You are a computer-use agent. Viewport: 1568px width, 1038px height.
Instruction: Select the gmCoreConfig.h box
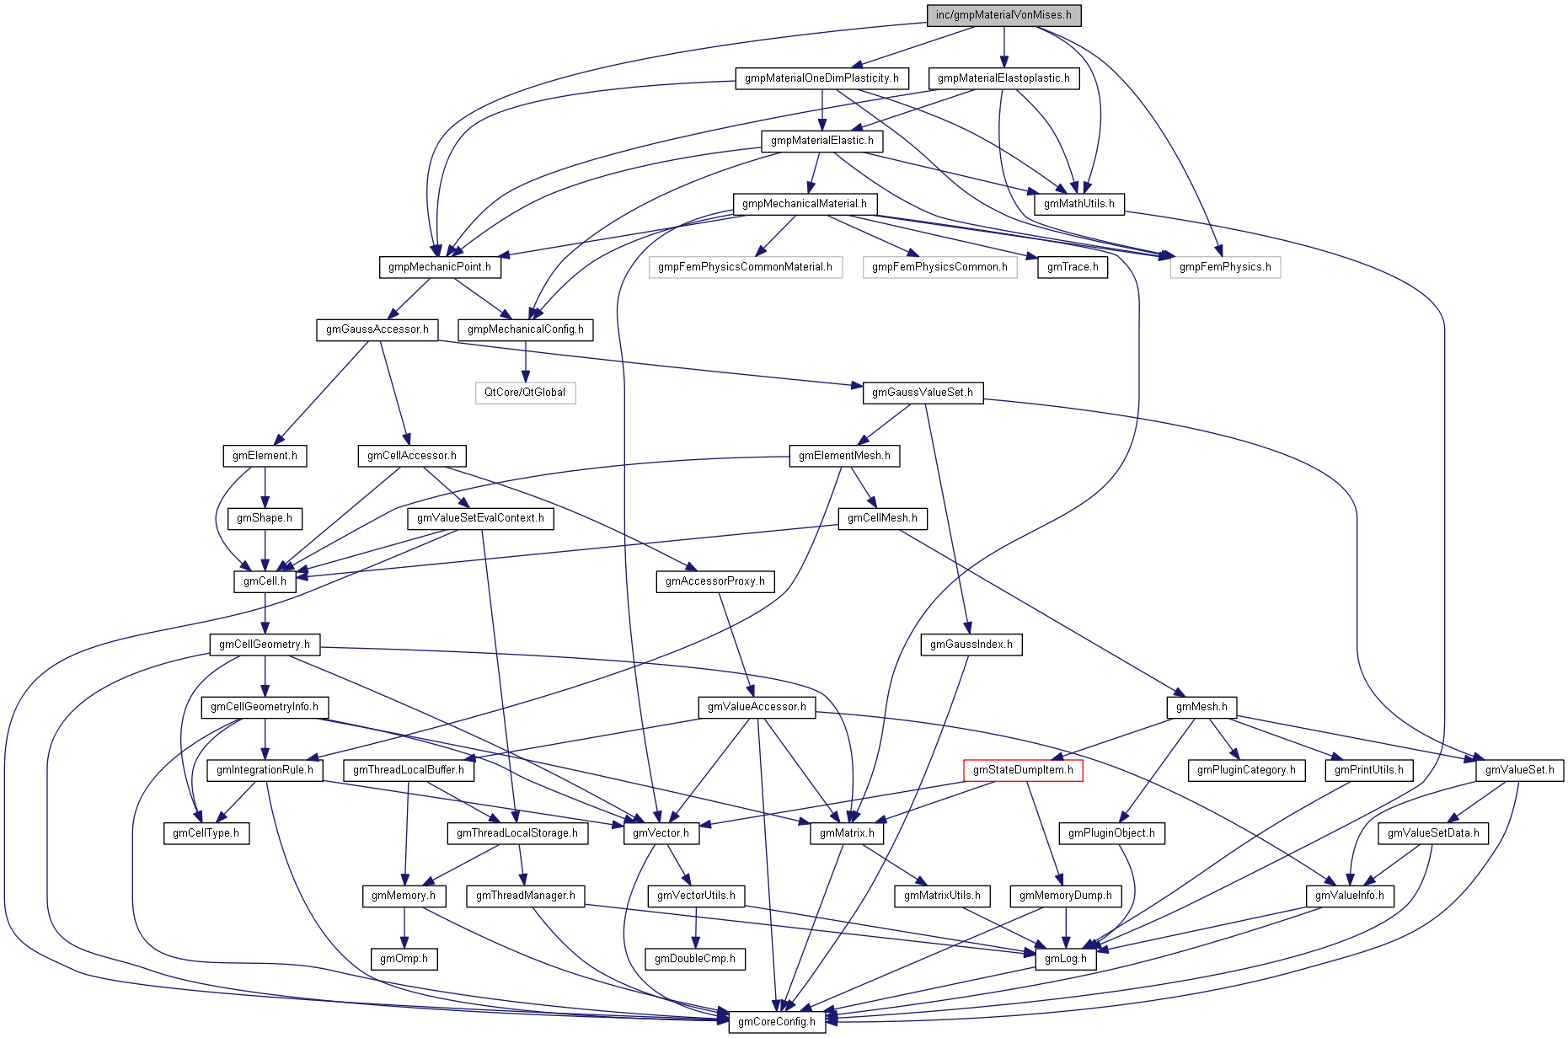[x=776, y=1022]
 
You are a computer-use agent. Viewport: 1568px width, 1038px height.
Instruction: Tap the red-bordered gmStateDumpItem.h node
[x=1023, y=770]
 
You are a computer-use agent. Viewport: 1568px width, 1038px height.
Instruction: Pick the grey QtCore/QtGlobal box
[x=525, y=393]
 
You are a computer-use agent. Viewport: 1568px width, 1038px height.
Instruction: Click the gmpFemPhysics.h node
[x=1224, y=267]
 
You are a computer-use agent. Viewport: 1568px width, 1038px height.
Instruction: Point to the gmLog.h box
[x=1065, y=959]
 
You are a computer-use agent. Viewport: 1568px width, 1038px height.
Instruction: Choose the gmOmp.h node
[x=404, y=959]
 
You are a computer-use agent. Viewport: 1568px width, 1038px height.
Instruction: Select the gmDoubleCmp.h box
[x=695, y=959]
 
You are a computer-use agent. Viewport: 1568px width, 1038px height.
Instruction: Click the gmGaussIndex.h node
[x=971, y=645]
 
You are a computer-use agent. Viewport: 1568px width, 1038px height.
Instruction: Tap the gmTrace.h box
[x=1072, y=267]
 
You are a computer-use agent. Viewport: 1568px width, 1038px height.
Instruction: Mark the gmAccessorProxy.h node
[x=714, y=581]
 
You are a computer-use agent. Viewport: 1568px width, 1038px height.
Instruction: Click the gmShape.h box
[x=265, y=518]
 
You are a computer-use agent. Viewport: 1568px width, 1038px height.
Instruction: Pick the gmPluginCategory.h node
[x=1246, y=770]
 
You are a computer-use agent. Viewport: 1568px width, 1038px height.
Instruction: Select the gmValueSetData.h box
[x=1433, y=833]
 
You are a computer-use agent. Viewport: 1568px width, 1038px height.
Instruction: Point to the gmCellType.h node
[x=206, y=833]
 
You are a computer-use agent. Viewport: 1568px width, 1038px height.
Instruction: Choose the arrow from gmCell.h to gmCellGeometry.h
[x=265, y=613]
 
